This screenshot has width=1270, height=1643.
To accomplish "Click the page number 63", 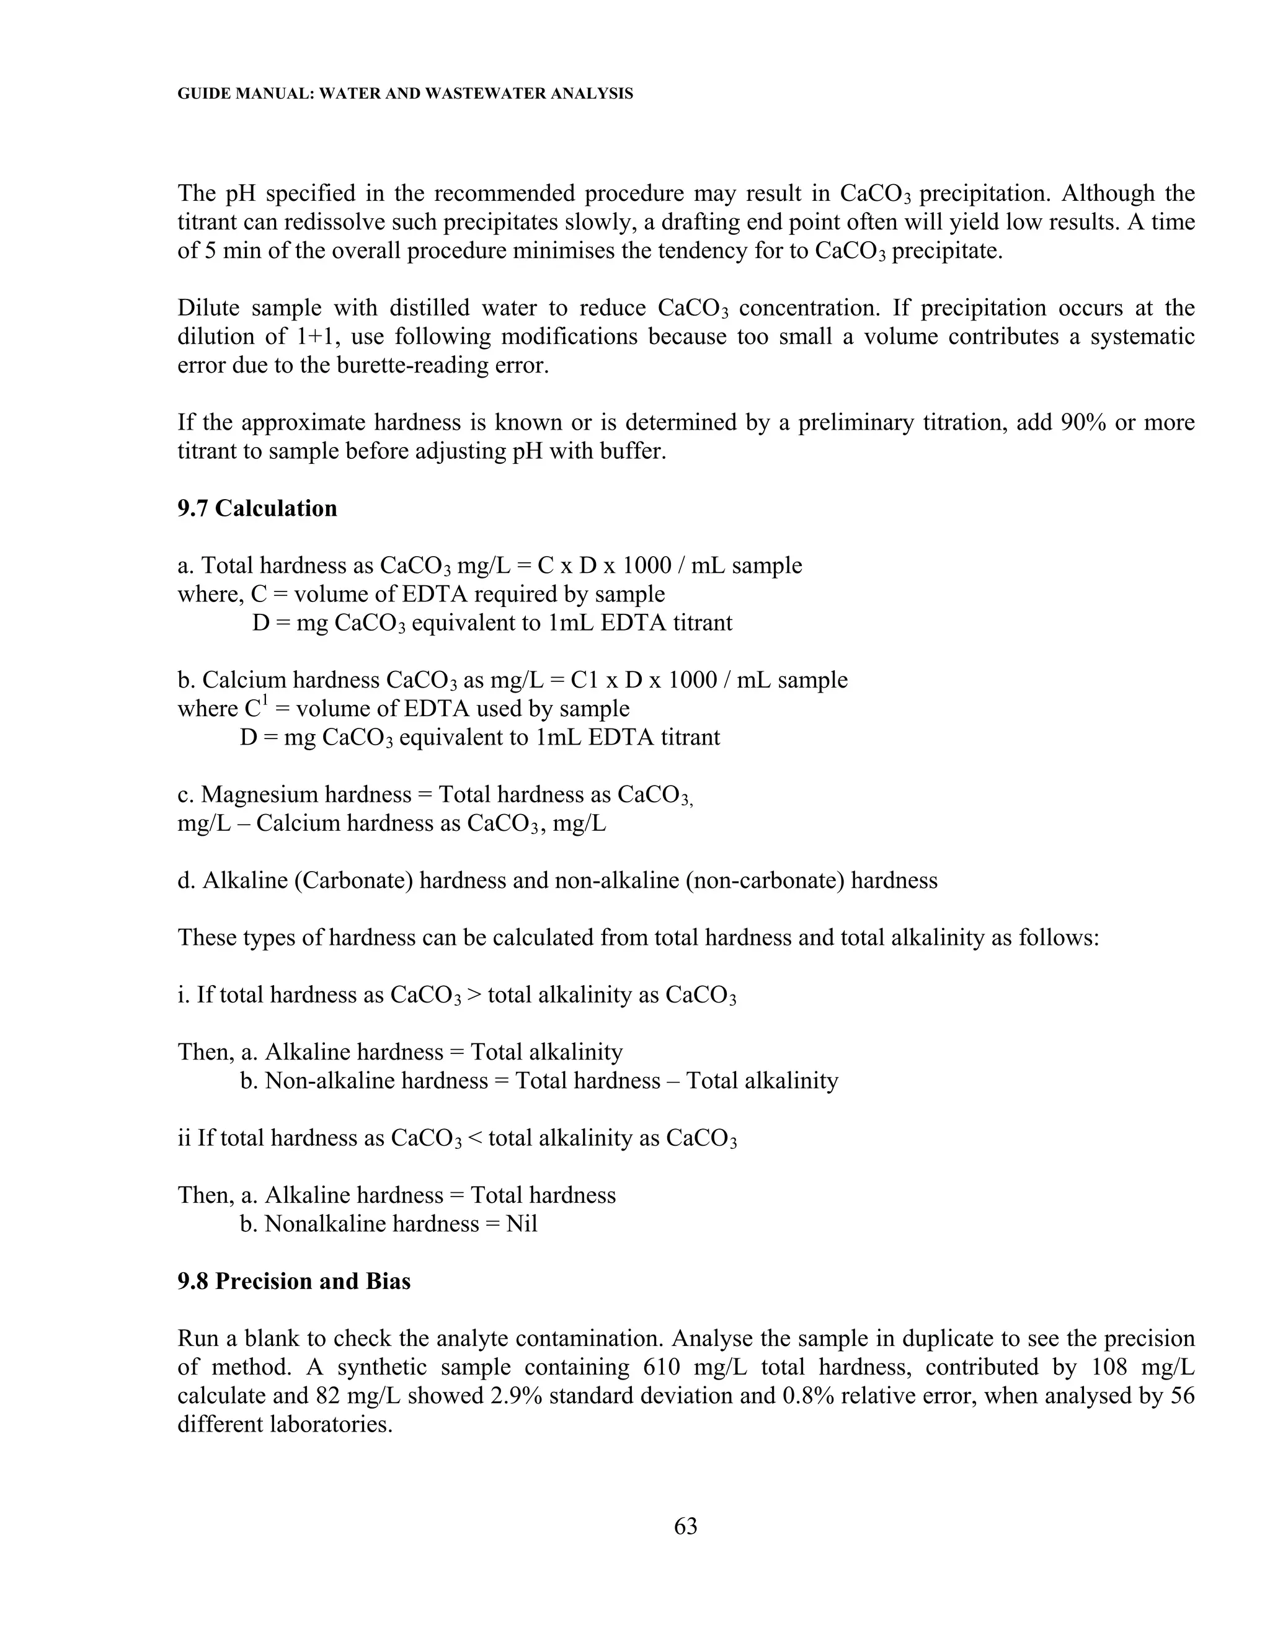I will (x=685, y=1526).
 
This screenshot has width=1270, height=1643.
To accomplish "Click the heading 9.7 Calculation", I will (x=257, y=508).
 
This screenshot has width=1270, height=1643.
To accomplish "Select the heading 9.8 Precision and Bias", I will (x=294, y=1281).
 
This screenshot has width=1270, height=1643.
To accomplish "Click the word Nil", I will (x=522, y=1224).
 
